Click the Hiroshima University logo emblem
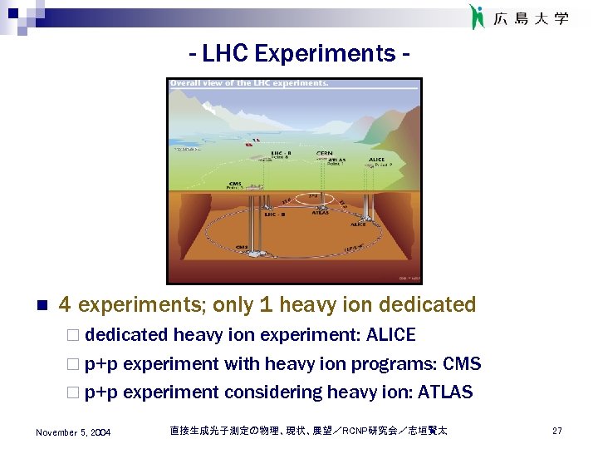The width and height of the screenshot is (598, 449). click(476, 17)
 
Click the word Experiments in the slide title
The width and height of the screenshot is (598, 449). click(326, 53)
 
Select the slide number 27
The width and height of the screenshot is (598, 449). click(557, 431)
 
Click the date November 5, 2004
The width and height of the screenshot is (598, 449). click(73, 432)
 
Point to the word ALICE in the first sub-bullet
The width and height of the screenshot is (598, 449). click(390, 335)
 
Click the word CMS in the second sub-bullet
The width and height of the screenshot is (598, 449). click(462, 364)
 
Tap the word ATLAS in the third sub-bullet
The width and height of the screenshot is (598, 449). click(445, 392)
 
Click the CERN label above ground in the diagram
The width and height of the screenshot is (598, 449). click(324, 154)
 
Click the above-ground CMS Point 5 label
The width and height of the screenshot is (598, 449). click(236, 185)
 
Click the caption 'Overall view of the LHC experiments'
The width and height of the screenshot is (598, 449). click(249, 83)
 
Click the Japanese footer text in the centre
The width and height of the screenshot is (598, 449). click(308, 431)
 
